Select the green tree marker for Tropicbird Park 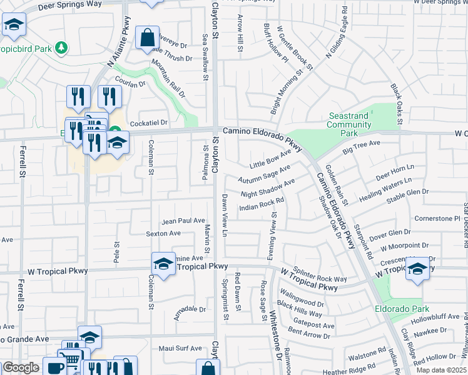point(61,47)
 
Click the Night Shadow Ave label point(267,188)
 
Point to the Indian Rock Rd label point(262,204)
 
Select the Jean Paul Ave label point(183,221)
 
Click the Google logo point(21,367)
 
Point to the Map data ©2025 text point(441,370)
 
